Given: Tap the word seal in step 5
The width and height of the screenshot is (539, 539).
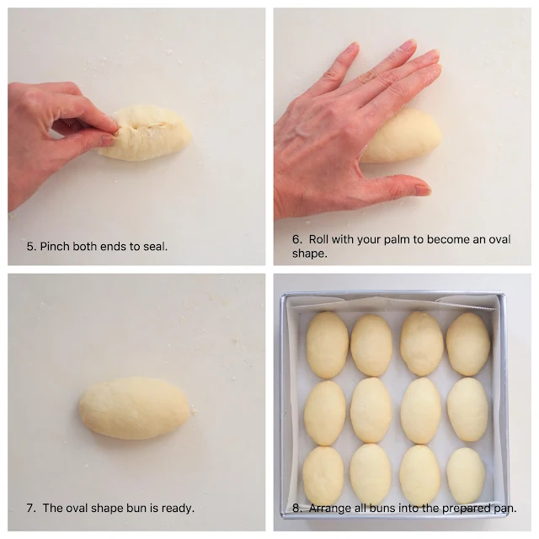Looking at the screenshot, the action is (155, 247).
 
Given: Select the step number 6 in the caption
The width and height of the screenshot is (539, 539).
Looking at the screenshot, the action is (296, 239).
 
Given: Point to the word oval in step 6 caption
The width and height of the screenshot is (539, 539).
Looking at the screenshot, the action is (499, 239).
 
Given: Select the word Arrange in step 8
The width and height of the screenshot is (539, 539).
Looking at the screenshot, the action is (329, 509).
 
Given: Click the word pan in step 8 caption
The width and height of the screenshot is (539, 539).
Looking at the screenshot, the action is (505, 509).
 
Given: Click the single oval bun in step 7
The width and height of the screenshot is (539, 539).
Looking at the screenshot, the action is (135, 408).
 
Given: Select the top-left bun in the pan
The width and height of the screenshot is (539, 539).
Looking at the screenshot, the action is (327, 344).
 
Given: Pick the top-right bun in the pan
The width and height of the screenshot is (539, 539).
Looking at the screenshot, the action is (468, 344).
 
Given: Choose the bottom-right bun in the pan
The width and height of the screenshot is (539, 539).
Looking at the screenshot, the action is (466, 475).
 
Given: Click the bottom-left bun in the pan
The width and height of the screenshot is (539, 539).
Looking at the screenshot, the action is (323, 475).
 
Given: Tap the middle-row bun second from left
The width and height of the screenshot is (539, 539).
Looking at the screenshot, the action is (371, 410).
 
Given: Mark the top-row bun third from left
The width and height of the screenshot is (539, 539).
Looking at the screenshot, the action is (422, 344).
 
